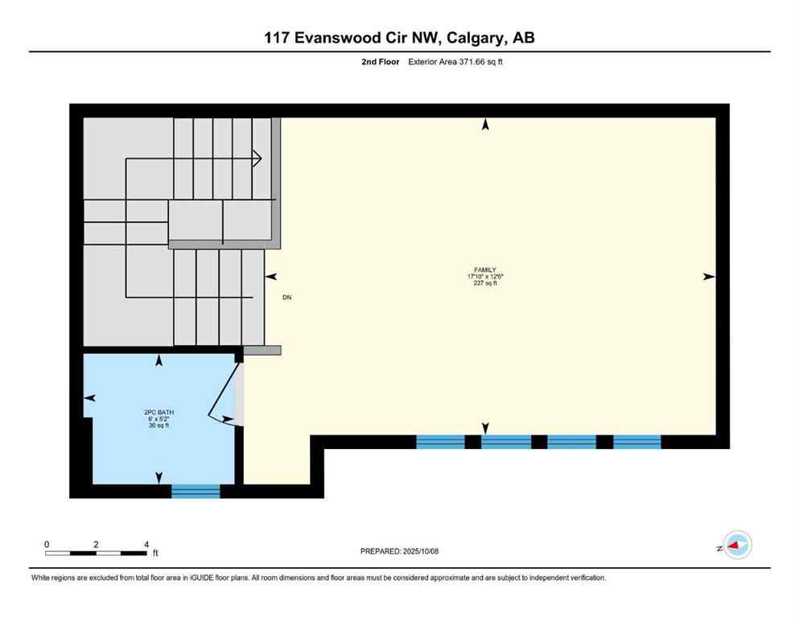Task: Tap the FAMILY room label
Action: [484, 270]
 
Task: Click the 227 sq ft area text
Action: [484, 283]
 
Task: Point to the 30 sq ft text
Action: [158, 425]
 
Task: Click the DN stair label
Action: [286, 298]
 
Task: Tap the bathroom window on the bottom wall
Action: [196, 490]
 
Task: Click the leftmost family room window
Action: [440, 441]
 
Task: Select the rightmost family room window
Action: [637, 441]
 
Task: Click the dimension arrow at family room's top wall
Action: [485, 124]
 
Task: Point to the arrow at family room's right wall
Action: [708, 276]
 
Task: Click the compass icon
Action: [736, 546]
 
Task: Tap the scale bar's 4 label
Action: [146, 544]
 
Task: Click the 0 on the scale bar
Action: [47, 544]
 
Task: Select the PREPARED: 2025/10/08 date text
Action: [399, 551]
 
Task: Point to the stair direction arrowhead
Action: [257, 159]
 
